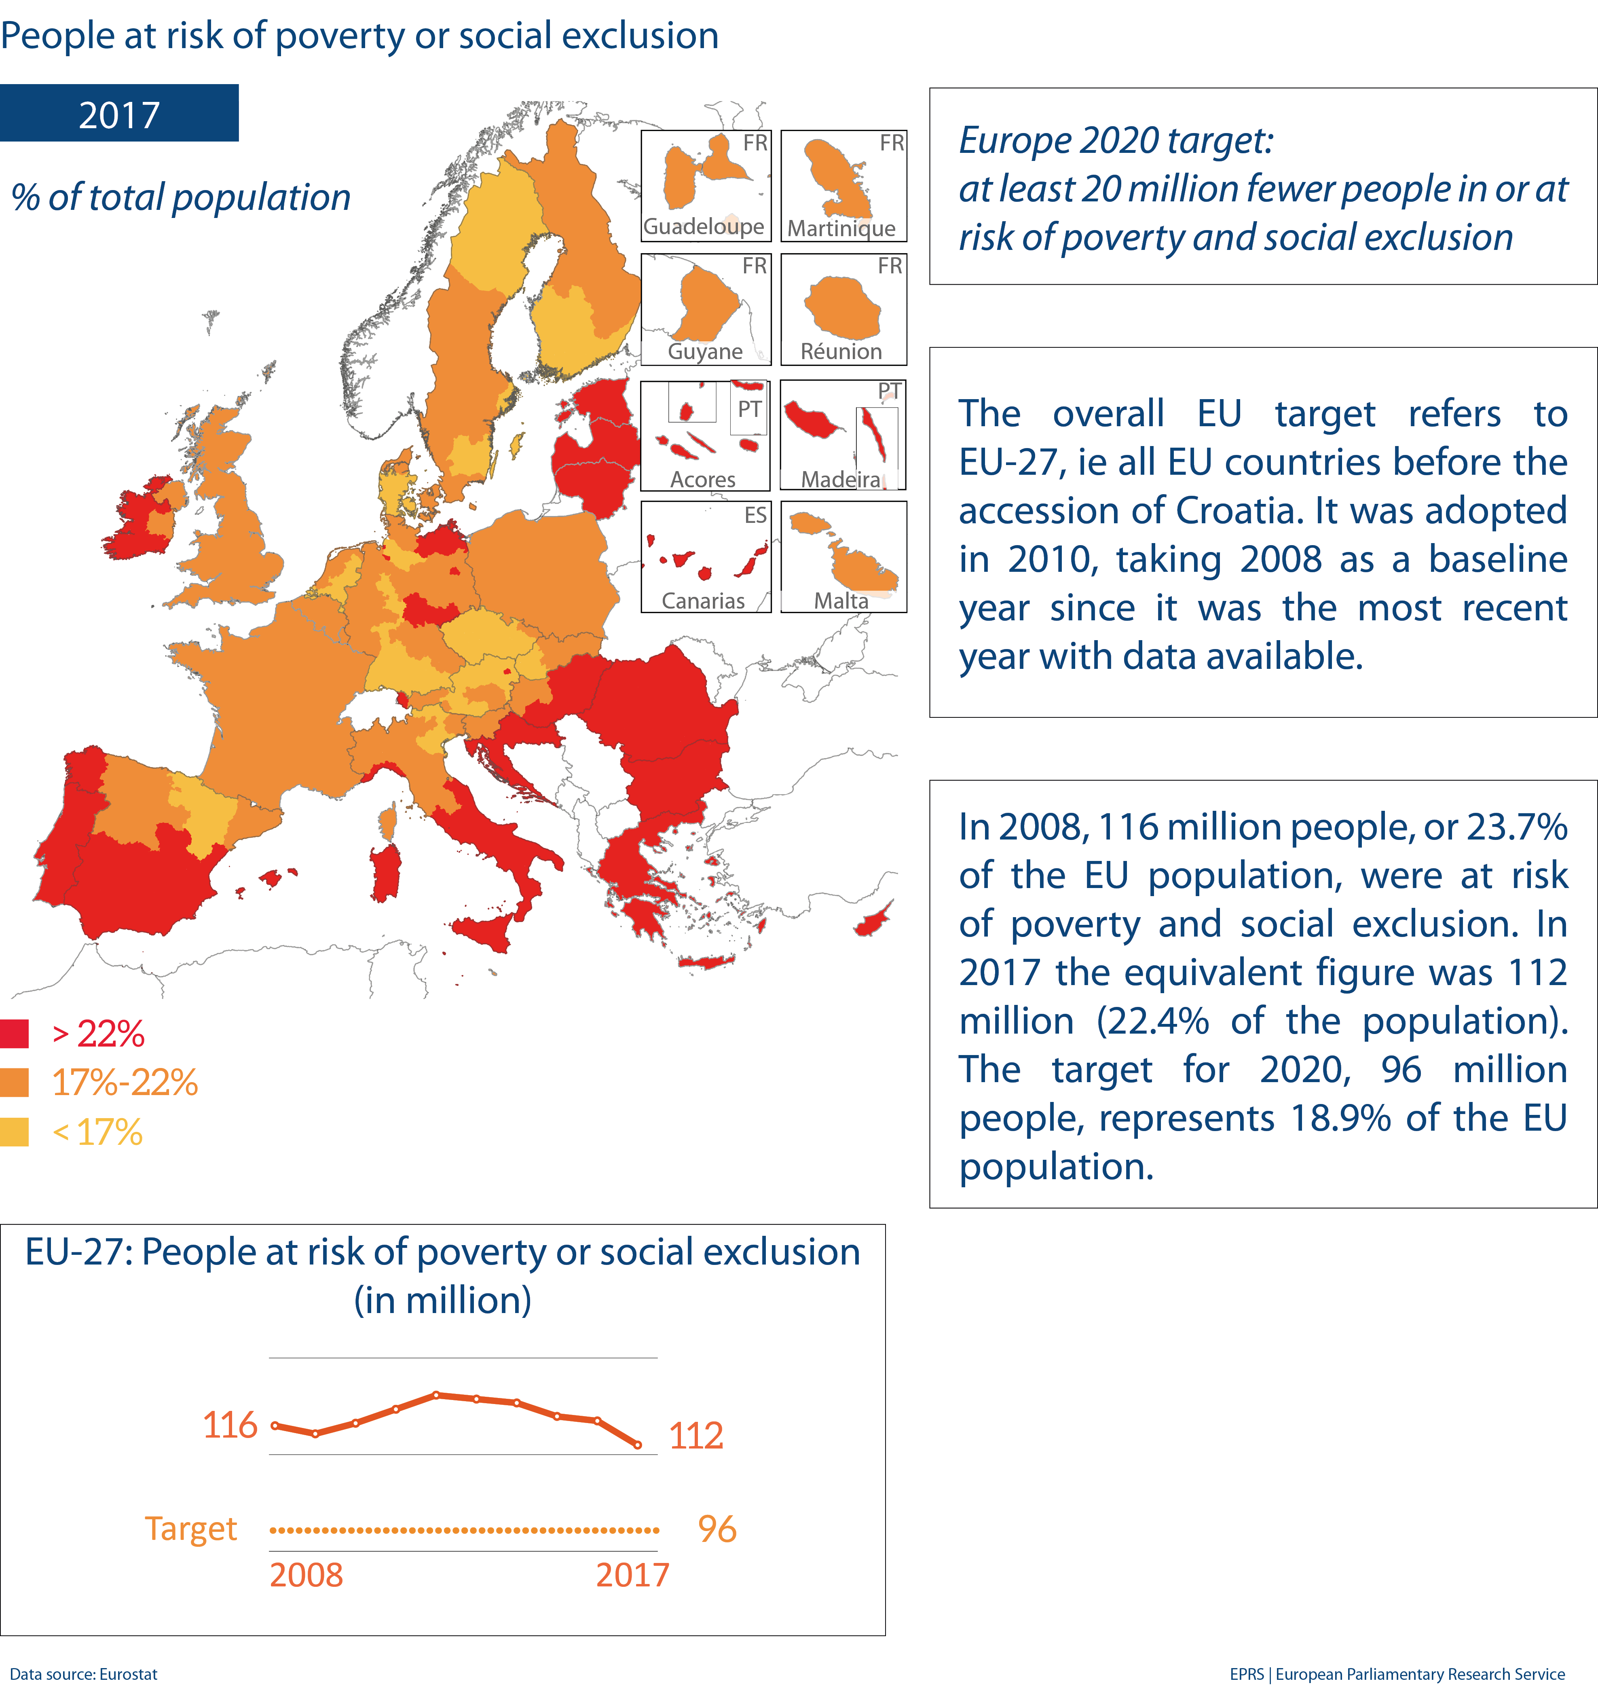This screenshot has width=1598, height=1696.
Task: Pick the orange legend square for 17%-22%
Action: pos(15,1083)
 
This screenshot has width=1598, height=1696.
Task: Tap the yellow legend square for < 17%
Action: pos(15,1132)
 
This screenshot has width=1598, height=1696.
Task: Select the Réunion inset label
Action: pos(841,351)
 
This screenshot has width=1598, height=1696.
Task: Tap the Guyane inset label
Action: pos(705,351)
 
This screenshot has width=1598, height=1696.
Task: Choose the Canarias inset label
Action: pos(703,601)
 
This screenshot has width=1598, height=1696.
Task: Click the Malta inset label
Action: pos(841,601)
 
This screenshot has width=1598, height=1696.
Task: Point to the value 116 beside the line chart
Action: pos(230,1425)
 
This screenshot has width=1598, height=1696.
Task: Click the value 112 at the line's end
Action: pos(695,1436)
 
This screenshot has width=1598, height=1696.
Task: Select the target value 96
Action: pos(717,1530)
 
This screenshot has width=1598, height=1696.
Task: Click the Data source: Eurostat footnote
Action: pos(84,1674)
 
